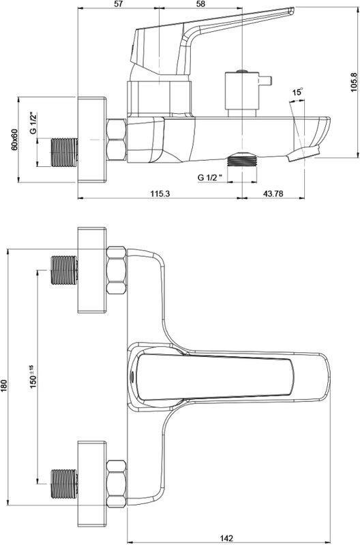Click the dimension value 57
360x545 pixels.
click(119, 4)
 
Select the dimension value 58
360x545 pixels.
click(200, 4)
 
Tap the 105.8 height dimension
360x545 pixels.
click(354, 82)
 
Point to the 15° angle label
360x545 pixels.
click(297, 92)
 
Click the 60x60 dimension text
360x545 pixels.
click(14, 140)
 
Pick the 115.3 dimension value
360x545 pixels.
click(160, 193)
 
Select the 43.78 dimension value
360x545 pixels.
click(273, 193)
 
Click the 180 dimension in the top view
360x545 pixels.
click(4, 385)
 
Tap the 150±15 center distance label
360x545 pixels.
click(33, 377)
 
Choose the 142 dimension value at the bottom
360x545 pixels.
click(226, 538)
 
